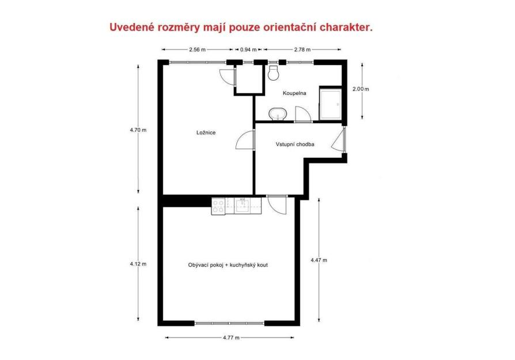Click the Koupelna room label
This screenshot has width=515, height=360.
point(294,93)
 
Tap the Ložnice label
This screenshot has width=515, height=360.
point(206,132)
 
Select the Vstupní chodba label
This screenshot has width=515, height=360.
point(295,144)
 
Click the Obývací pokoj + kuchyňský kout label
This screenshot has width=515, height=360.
point(228,265)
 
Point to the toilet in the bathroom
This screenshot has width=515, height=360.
point(273,73)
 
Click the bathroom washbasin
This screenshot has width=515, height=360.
point(278,114)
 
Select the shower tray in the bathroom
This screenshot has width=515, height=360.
point(331,104)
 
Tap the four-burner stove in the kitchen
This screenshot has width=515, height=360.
point(218,206)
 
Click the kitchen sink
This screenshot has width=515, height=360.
point(243,205)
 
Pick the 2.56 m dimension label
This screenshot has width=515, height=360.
point(197,50)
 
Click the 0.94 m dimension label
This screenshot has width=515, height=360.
point(248,50)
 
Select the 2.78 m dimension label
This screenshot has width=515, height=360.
point(302,50)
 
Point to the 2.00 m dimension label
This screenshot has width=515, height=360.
point(361,89)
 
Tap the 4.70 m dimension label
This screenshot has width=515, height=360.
point(138,130)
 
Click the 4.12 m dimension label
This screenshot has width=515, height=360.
point(138,264)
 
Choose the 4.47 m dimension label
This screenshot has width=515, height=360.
point(319,260)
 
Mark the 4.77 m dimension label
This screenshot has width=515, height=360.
point(231,338)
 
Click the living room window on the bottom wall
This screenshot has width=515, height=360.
point(230,324)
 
